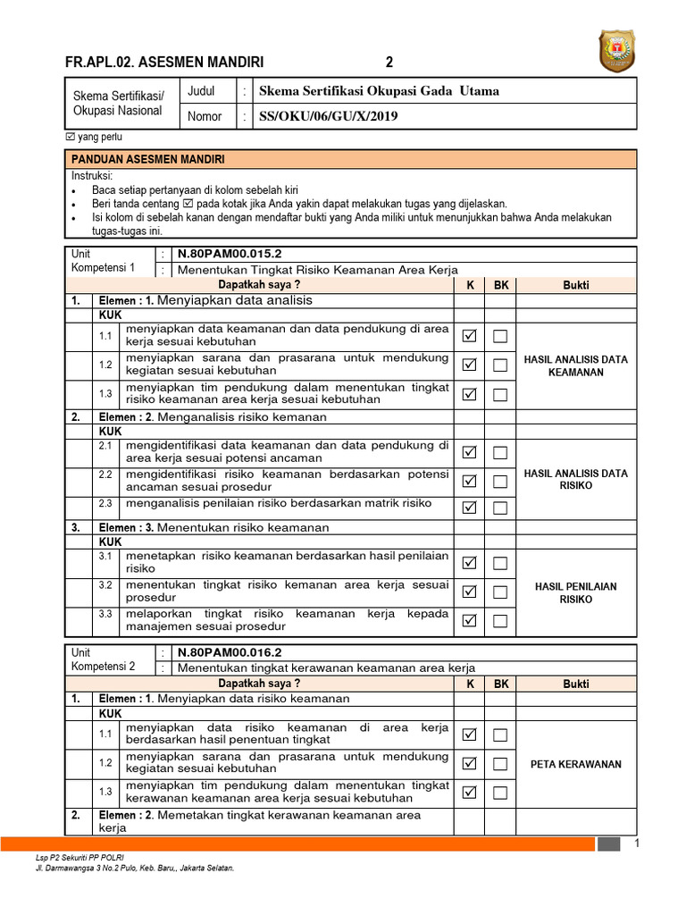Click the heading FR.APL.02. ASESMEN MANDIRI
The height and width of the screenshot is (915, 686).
(164, 62)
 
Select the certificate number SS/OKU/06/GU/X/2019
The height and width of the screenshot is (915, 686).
(328, 116)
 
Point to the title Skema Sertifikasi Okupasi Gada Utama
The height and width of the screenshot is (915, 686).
(378, 91)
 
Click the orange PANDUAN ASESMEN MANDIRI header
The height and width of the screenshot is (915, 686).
(148, 160)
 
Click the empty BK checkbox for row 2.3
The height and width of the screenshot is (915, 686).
(500, 508)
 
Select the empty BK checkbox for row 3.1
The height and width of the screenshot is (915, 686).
(500, 563)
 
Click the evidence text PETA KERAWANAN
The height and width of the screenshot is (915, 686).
(575, 764)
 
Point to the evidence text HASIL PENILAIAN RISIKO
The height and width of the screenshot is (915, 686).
(575, 593)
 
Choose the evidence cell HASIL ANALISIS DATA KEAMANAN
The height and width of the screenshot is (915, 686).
(575, 365)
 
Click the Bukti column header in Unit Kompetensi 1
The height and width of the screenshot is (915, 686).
(575, 285)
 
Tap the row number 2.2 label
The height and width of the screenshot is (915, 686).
(106, 474)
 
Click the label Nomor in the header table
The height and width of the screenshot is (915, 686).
(205, 116)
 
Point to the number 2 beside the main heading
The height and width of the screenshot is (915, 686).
(389, 62)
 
